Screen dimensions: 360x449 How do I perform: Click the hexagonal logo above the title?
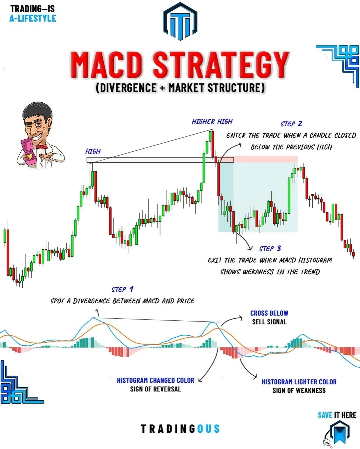click(x=180, y=21)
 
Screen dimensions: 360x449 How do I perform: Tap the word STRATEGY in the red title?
click(x=221, y=65)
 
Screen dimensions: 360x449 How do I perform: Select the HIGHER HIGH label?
click(x=212, y=122)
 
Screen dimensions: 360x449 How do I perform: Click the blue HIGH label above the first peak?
click(x=93, y=151)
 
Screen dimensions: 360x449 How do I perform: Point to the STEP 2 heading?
click(x=291, y=124)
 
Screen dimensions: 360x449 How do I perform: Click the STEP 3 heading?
click(x=270, y=248)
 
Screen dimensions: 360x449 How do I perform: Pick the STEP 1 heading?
click(x=122, y=289)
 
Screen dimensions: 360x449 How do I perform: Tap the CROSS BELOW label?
click(x=269, y=313)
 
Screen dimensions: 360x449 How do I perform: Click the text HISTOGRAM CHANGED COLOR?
click(x=155, y=380)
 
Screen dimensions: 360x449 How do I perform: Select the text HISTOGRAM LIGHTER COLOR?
click(x=299, y=382)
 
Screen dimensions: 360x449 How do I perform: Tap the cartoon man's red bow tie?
click(x=42, y=146)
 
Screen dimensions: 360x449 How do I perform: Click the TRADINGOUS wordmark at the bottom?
click(x=180, y=429)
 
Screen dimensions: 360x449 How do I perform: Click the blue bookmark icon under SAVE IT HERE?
click(x=340, y=433)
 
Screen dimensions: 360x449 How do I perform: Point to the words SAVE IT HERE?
click(x=337, y=415)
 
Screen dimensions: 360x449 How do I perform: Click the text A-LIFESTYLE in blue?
click(x=33, y=18)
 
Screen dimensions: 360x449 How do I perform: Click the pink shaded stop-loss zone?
click(x=258, y=159)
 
